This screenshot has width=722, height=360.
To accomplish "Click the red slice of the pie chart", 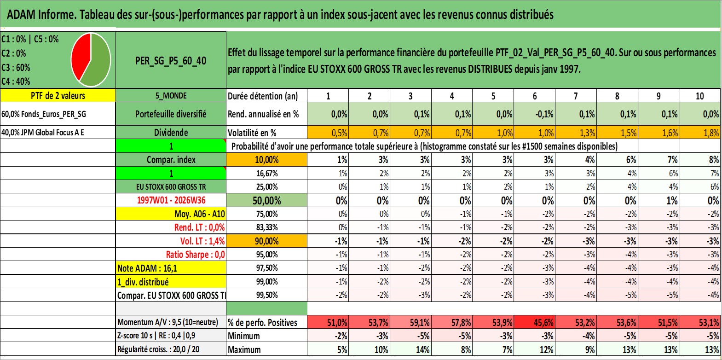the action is (80, 58).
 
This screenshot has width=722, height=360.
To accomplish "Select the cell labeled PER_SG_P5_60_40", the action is (171, 60).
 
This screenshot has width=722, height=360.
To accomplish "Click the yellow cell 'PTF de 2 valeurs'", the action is (58, 96).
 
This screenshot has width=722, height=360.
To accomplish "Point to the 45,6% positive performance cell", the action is (534, 322).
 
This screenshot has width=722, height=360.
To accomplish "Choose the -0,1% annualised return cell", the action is (534, 114).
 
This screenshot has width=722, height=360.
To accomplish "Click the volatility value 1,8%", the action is (700, 133).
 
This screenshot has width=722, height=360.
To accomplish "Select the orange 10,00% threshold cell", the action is (267, 160).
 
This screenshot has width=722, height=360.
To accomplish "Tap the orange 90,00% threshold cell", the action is (267, 241).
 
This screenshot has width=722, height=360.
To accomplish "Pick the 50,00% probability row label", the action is (267, 200).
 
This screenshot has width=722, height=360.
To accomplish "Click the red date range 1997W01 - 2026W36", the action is (171, 200).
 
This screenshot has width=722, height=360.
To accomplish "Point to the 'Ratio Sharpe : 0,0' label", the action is (195, 255).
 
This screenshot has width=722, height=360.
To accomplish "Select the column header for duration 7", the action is (576, 96).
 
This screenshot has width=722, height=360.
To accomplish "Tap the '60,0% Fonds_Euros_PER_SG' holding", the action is (44, 114).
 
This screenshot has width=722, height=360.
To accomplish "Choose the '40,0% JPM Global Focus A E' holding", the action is (43, 133).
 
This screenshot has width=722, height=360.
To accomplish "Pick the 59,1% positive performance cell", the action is (410, 322).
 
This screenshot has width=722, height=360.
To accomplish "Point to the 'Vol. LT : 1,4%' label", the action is (202, 241).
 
